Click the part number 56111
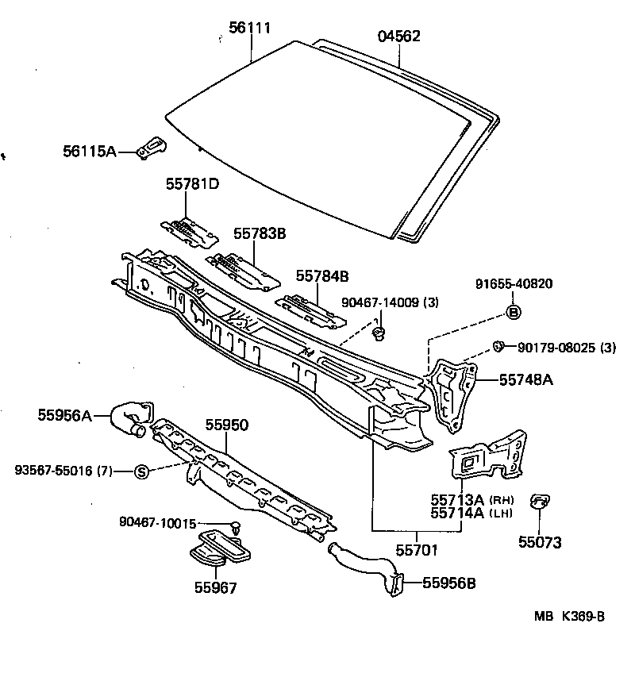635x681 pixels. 250,28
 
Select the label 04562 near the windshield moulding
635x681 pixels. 398,36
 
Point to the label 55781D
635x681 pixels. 192,184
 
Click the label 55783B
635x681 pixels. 259,233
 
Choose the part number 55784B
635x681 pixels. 322,275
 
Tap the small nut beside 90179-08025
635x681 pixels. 498,344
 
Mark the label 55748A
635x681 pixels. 525,380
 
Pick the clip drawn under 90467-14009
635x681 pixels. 380,332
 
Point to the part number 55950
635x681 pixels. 227,425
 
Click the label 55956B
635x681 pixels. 448,583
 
